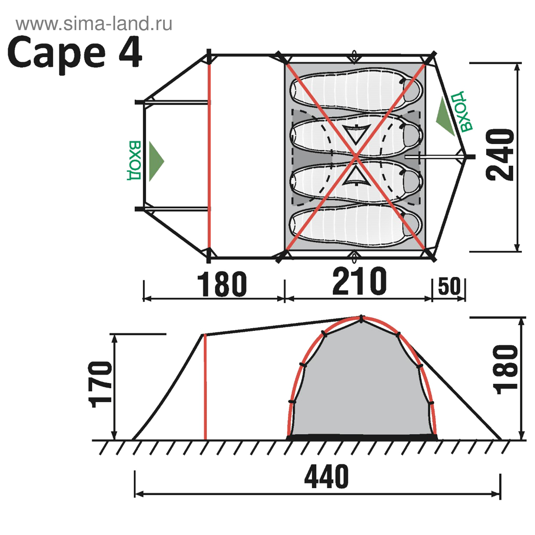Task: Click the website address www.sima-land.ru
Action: tap(94, 24)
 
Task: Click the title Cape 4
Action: tap(75, 53)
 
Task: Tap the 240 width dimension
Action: tap(500, 155)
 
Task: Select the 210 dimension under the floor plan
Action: tap(359, 281)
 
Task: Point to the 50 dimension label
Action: tap(449, 286)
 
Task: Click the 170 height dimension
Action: tap(100, 385)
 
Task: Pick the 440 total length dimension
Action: tap(326, 476)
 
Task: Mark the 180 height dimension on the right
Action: tap(506, 369)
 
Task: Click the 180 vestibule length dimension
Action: tap(222, 284)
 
